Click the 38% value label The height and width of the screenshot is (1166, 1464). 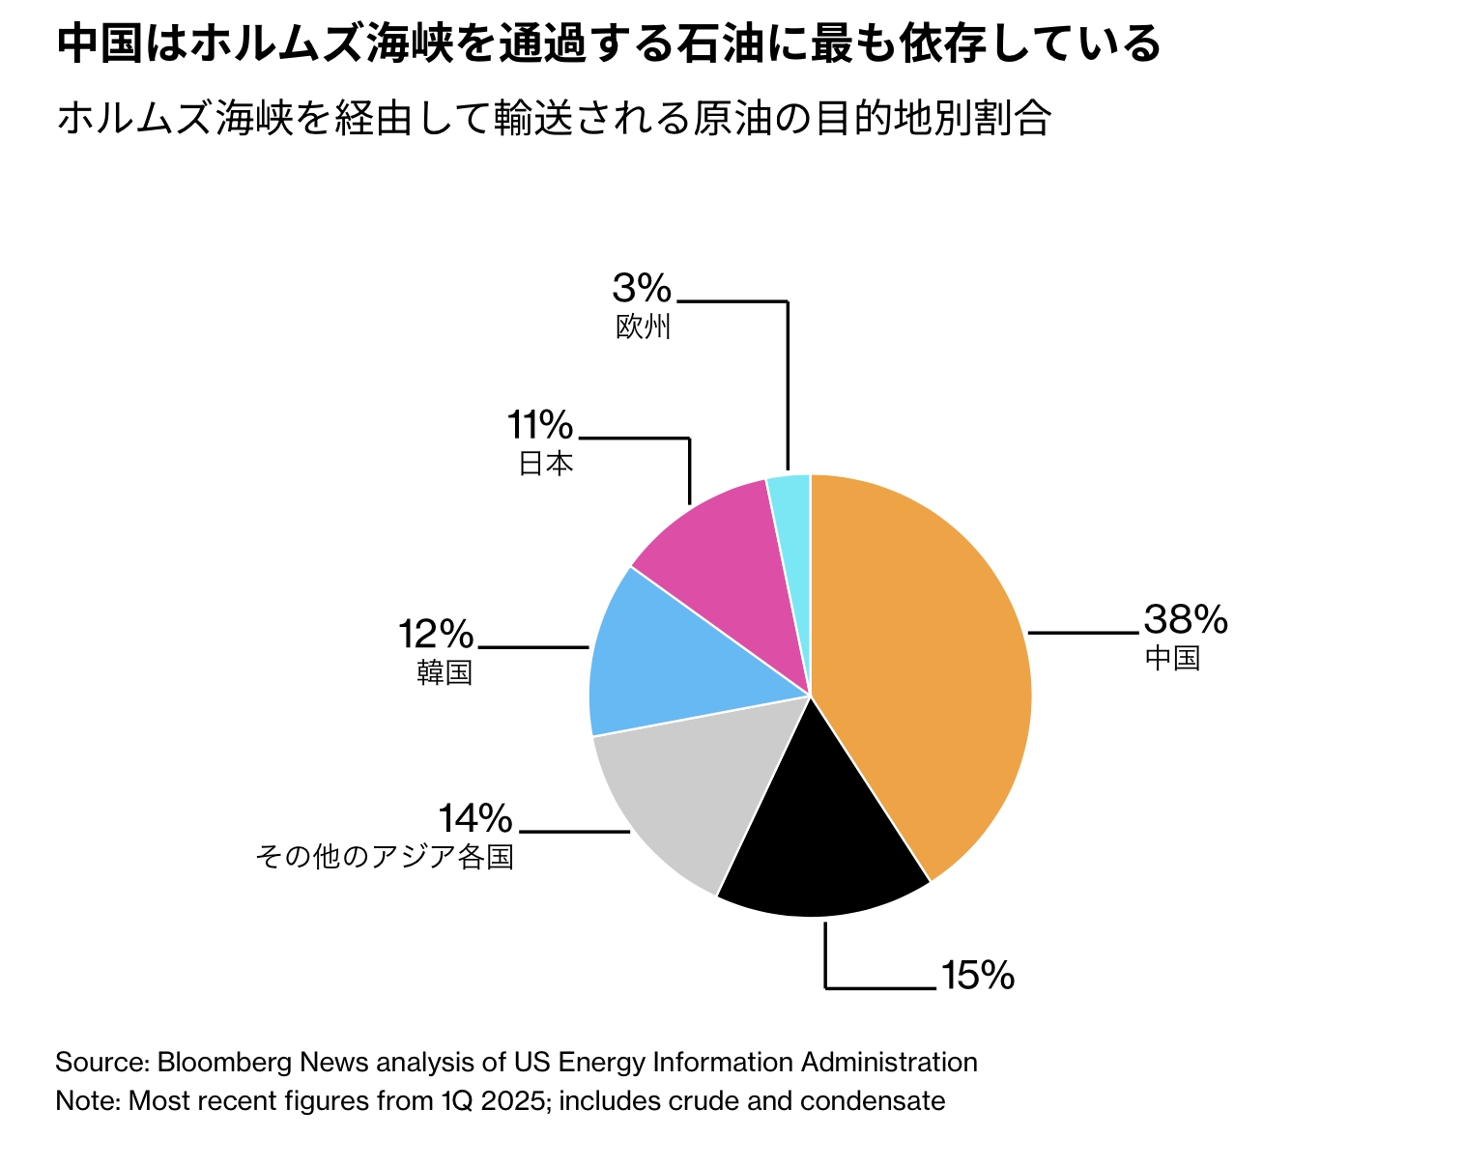(x=1185, y=619)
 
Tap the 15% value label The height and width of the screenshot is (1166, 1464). (x=977, y=976)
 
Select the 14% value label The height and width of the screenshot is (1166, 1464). (x=474, y=819)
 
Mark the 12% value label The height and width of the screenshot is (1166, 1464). (x=436, y=635)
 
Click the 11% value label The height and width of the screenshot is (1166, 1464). (x=540, y=425)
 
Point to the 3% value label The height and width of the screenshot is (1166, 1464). (x=642, y=288)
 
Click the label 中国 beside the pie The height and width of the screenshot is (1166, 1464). (x=1172, y=659)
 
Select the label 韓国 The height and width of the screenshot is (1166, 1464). (x=445, y=672)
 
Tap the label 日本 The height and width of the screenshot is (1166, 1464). (x=546, y=464)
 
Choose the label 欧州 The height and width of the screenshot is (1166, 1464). (x=643, y=327)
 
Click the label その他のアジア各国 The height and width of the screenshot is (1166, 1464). (x=385, y=857)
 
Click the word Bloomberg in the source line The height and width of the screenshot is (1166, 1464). (x=224, y=1063)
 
